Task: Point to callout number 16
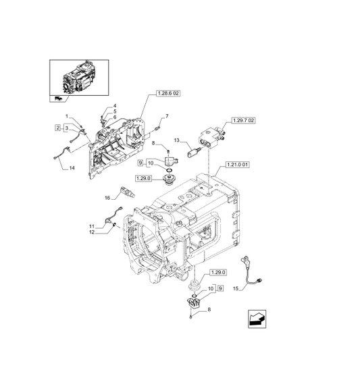(x=106, y=198)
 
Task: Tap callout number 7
(x=166, y=117)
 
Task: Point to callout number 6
(x=114, y=117)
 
